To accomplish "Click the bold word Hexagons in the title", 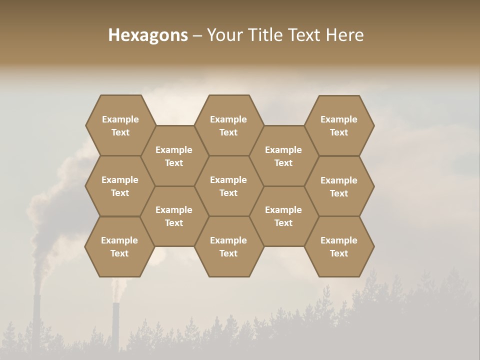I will tap(148, 35).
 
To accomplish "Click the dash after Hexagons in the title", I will tap(197, 35).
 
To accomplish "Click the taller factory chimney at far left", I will tap(36, 320).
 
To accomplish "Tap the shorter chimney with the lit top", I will tap(116, 325).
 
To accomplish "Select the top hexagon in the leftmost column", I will tap(120, 125).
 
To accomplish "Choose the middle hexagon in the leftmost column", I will tap(120, 186).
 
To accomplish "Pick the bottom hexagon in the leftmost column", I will tap(119, 246).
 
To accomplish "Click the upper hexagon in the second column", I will tap(174, 156).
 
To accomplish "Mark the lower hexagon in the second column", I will tap(174, 216).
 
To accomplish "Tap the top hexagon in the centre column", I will tap(228, 125).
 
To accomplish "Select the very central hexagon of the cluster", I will tap(228, 186).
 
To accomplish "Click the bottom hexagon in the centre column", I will tap(228, 246).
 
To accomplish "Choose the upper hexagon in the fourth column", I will tap(283, 156).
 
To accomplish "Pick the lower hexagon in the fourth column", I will tap(283, 216).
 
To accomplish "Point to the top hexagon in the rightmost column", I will tap(339, 125).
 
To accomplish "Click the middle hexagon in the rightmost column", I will tap(339, 186).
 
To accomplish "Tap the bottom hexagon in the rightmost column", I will tap(339, 246).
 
